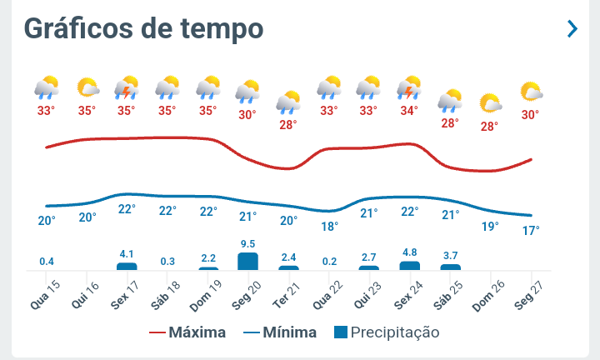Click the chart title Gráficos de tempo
pos(143,28)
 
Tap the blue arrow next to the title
pos(572,29)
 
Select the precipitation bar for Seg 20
pos(247,261)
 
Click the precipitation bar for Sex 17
pos(127,266)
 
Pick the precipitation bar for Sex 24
pos(409,265)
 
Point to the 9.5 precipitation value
pos(247,244)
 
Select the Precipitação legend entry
pos(386,332)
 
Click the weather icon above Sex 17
pos(127,87)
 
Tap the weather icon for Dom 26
pos(490,103)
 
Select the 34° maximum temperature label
pos(408,110)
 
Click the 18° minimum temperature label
pos(330,226)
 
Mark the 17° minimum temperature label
pos(531,230)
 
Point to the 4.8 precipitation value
pos(409,252)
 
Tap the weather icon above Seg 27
pos(531,92)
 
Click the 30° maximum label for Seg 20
pos(247,115)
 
